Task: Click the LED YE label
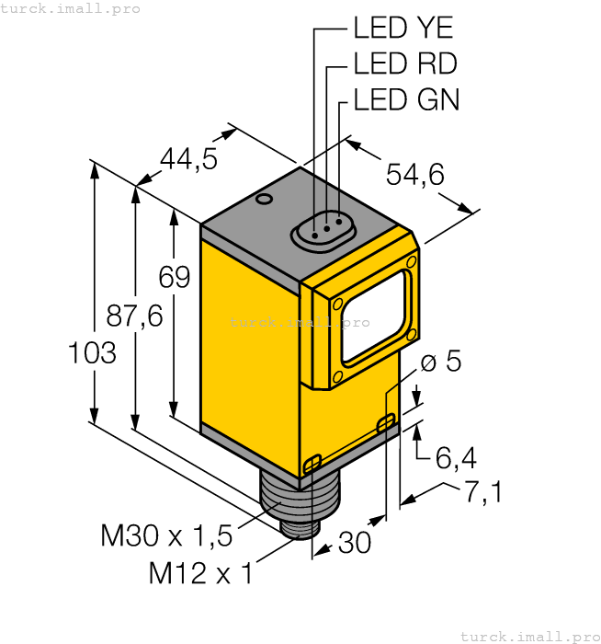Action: [x=403, y=29]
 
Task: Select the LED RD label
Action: [x=404, y=63]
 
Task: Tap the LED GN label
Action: [x=405, y=99]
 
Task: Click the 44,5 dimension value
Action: [x=188, y=159]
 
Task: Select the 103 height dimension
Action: [x=93, y=352]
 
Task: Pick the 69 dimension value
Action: [x=175, y=277]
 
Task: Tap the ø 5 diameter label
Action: [x=440, y=362]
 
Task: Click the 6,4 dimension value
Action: [x=457, y=456]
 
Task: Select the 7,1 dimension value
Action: [x=482, y=493]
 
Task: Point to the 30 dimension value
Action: [x=355, y=544]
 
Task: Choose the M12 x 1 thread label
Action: [x=200, y=574]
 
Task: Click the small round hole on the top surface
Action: [x=264, y=199]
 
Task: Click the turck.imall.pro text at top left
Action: [x=71, y=8]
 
